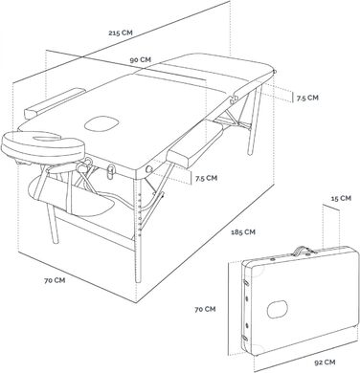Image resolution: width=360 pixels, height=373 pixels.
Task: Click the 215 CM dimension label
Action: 120,33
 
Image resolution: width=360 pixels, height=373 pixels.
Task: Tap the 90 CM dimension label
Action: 141,59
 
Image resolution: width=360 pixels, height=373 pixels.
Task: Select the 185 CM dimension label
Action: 243,231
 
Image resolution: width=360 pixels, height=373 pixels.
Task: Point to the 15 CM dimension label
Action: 341,198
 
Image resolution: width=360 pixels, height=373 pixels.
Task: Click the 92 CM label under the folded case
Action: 325,362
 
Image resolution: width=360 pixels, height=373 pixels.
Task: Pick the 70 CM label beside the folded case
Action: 205,309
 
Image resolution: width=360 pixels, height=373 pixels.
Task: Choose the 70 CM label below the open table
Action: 55,280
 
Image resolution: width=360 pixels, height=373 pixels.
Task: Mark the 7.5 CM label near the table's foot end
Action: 307,98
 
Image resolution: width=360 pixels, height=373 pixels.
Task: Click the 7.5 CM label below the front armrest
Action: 206,178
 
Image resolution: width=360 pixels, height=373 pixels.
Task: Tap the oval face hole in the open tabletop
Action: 101,123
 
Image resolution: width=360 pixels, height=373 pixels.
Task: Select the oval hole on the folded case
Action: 277,309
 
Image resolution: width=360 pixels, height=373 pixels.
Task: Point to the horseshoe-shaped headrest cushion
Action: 43,146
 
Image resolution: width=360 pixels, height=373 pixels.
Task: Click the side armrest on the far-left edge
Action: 55,103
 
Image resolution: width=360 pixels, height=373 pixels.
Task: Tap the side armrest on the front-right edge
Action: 194,145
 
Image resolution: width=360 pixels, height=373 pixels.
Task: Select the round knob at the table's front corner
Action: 148,170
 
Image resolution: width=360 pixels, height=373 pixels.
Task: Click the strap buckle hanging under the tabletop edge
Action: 111,172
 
